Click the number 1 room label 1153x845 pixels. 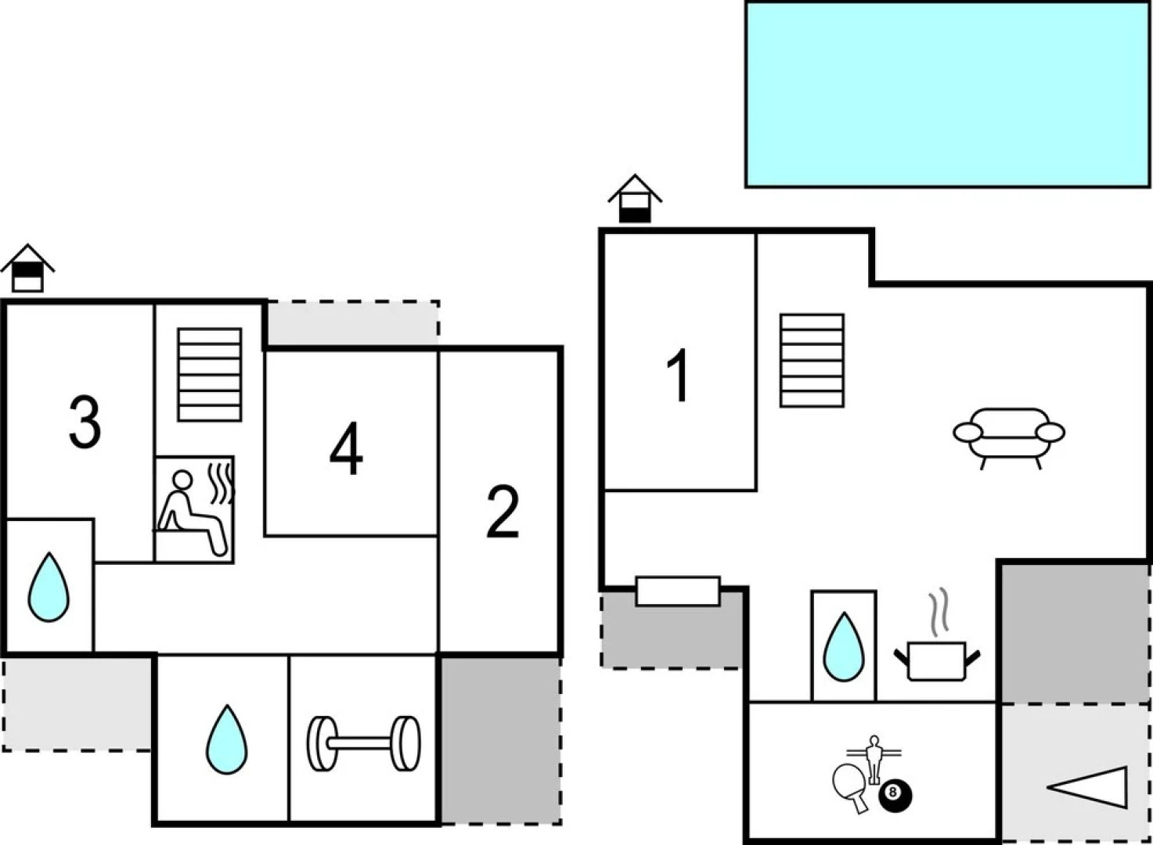(679, 376)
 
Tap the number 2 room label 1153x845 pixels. (503, 512)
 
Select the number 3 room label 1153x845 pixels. (85, 422)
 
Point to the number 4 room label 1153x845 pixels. (346, 449)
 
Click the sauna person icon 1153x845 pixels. (194, 510)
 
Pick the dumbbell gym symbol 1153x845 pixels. (363, 743)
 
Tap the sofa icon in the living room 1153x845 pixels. (1009, 434)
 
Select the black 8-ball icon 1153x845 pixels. (895, 795)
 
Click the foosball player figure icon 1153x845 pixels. (874, 757)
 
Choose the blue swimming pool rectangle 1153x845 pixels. (947, 95)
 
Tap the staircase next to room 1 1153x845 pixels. (812, 361)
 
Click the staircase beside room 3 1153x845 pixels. (209, 375)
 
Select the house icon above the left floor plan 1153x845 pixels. (27, 268)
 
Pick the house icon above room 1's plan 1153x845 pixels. (635, 199)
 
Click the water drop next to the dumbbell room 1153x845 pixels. (226, 740)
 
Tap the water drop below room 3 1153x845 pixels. (49, 588)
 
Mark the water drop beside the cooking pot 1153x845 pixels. (844, 647)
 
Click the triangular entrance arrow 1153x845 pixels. (1092, 787)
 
